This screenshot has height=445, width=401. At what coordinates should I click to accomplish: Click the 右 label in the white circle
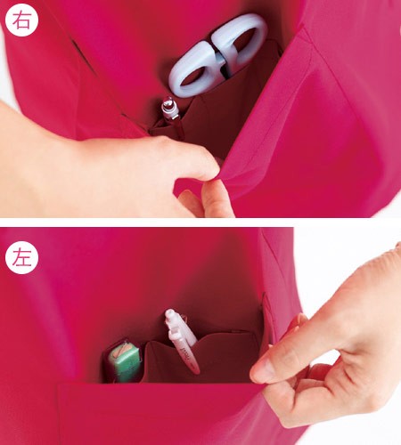(x=21, y=20)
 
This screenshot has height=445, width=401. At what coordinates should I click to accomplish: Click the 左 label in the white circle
(x=21, y=257)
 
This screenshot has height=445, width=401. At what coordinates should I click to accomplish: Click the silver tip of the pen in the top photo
(x=168, y=104)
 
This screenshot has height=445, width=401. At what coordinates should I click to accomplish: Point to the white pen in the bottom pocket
(x=181, y=341)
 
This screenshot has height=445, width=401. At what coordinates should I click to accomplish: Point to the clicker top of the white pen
(x=171, y=315)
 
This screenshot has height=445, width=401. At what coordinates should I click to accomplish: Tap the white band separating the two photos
(x=200, y=222)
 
